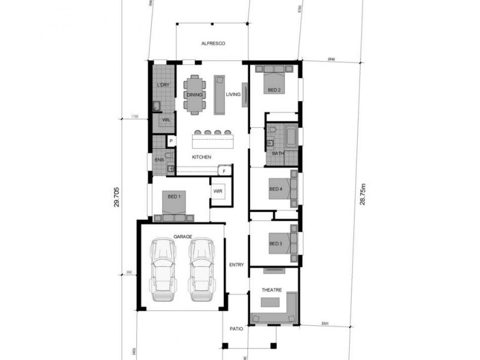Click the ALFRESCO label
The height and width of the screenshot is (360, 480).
(212, 44)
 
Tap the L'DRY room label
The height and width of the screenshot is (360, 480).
(163, 85)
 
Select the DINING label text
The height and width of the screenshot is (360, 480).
(194, 95)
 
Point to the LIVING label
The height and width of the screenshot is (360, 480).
(233, 95)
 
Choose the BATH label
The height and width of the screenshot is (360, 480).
(277, 154)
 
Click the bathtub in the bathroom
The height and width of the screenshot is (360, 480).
(291, 136)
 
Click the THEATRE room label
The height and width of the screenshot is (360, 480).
(271, 290)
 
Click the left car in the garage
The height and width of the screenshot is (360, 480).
(164, 270)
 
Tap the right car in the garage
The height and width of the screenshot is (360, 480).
(202, 270)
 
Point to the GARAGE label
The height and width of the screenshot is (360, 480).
(182, 236)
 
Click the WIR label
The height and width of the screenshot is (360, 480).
(218, 191)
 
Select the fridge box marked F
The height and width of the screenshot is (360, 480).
(224, 171)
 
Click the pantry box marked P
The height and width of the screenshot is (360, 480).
(171, 142)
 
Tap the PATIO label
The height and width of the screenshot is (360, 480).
(235, 329)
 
